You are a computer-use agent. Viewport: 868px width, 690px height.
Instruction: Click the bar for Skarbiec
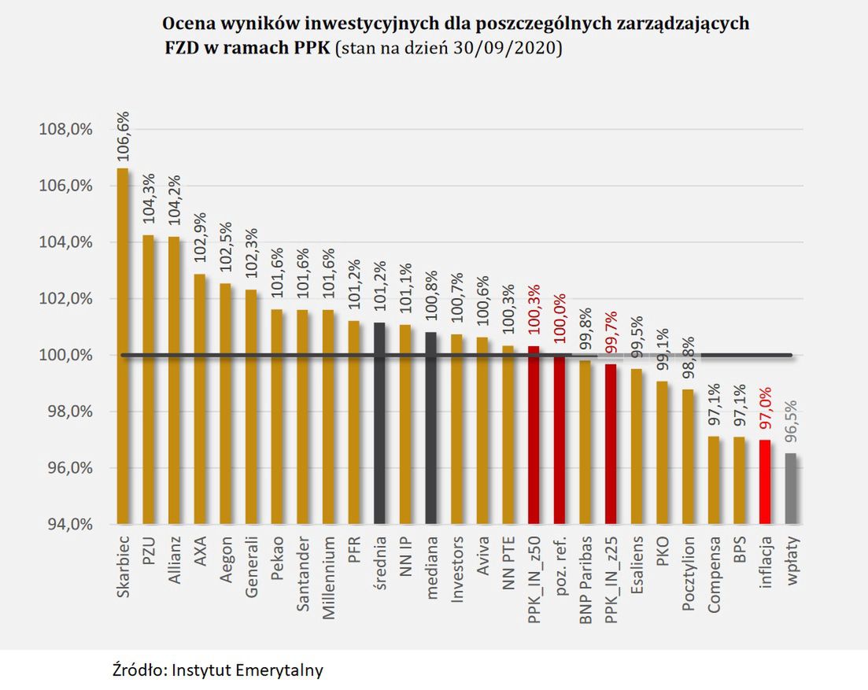[x=123, y=346]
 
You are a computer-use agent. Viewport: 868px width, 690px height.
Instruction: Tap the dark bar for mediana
[x=430, y=428]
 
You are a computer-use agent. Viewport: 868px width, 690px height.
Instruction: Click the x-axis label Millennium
[x=328, y=578]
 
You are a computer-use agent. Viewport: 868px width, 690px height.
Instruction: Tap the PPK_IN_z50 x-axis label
[x=534, y=582]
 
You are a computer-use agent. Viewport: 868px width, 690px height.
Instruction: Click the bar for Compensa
[x=714, y=480]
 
